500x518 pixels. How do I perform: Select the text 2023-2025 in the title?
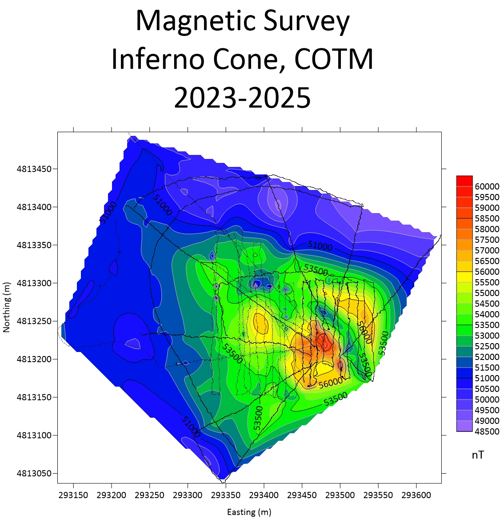coord(242,98)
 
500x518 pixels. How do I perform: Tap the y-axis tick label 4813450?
coord(34,169)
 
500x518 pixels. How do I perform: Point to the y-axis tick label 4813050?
coord(34,474)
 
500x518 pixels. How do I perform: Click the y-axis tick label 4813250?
coord(34,321)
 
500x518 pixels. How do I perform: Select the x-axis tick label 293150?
coord(73,495)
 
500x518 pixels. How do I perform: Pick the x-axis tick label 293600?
coord(416,495)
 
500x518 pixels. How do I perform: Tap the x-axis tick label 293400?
coord(264,495)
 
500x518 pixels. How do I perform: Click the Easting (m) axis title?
coord(249,512)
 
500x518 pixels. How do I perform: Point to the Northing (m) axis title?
coord(7,307)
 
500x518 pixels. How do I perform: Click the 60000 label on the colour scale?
coord(487,186)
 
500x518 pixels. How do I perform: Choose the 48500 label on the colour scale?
coord(487,431)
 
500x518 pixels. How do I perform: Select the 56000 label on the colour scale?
coord(487,272)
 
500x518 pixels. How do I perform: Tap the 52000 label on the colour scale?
coord(487,357)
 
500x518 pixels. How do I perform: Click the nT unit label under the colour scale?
coord(478,455)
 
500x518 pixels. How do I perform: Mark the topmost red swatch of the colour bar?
coord(464,181)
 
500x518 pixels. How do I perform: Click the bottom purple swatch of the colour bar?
coord(464,426)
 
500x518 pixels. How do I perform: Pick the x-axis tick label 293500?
coord(340,495)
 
